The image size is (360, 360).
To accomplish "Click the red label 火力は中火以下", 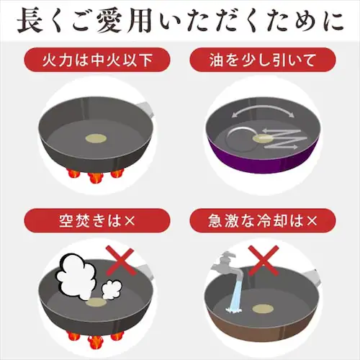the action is point(97,60).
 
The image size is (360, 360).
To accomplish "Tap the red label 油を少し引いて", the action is point(263,60).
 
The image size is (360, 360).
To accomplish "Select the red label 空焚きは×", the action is point(97,220).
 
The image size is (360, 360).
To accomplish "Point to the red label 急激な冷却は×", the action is point(263,220).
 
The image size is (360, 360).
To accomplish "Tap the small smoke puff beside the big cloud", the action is point(112,289).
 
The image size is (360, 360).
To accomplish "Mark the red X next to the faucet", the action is point(264,260).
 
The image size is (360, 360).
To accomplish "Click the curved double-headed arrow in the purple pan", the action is point(263,109).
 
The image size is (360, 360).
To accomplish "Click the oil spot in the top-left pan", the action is point(96,138).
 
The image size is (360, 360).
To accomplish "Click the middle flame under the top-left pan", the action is point(95,178).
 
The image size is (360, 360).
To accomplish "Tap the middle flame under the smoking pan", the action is point(95,342).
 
